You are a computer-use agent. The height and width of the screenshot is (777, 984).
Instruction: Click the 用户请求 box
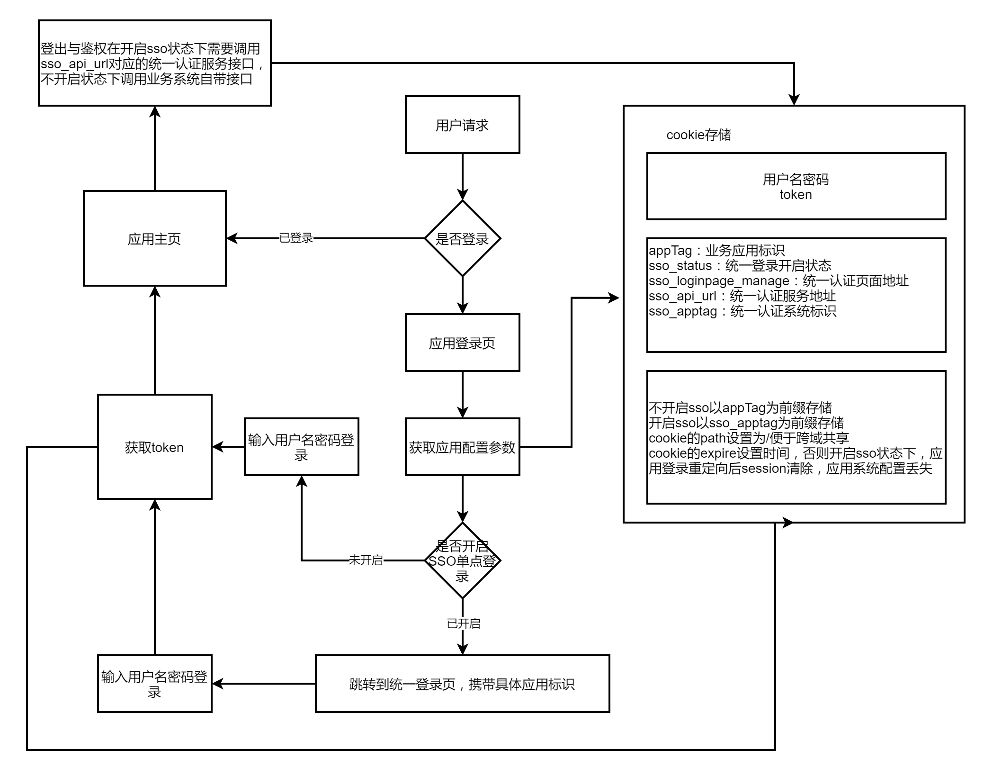(462, 125)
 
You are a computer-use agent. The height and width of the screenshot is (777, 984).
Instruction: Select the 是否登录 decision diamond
(462, 238)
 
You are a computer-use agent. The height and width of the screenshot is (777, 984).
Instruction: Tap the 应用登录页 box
(462, 343)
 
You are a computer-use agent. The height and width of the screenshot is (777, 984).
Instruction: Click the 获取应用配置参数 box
(462, 447)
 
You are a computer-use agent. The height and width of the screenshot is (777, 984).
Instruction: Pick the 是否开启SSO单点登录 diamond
(462, 560)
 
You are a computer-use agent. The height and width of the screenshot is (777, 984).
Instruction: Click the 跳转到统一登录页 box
(462, 684)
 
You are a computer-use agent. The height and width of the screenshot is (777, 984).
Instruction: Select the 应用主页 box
(154, 238)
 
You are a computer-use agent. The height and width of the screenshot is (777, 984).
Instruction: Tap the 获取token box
(154, 447)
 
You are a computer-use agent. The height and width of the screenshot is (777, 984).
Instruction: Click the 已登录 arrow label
(296, 238)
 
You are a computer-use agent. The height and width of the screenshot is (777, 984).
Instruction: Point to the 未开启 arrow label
(366, 560)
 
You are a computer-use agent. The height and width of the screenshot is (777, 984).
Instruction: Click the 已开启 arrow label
(463, 623)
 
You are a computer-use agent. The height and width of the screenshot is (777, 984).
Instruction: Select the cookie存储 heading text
(698, 135)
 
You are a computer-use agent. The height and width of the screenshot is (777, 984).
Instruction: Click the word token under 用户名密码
(796, 195)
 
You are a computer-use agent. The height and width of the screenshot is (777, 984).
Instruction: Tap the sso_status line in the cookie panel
(740, 266)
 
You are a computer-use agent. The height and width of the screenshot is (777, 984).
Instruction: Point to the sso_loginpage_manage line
(778, 281)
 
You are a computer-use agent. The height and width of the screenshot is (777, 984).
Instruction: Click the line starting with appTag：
(716, 251)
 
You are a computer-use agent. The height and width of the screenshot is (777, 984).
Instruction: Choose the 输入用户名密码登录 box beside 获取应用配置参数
(301, 447)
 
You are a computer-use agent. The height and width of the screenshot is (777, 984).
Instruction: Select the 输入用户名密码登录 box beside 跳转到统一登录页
(154, 684)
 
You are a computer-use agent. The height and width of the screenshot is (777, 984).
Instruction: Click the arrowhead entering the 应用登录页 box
(462, 308)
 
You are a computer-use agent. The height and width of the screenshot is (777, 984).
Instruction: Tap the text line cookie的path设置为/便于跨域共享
(749, 438)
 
